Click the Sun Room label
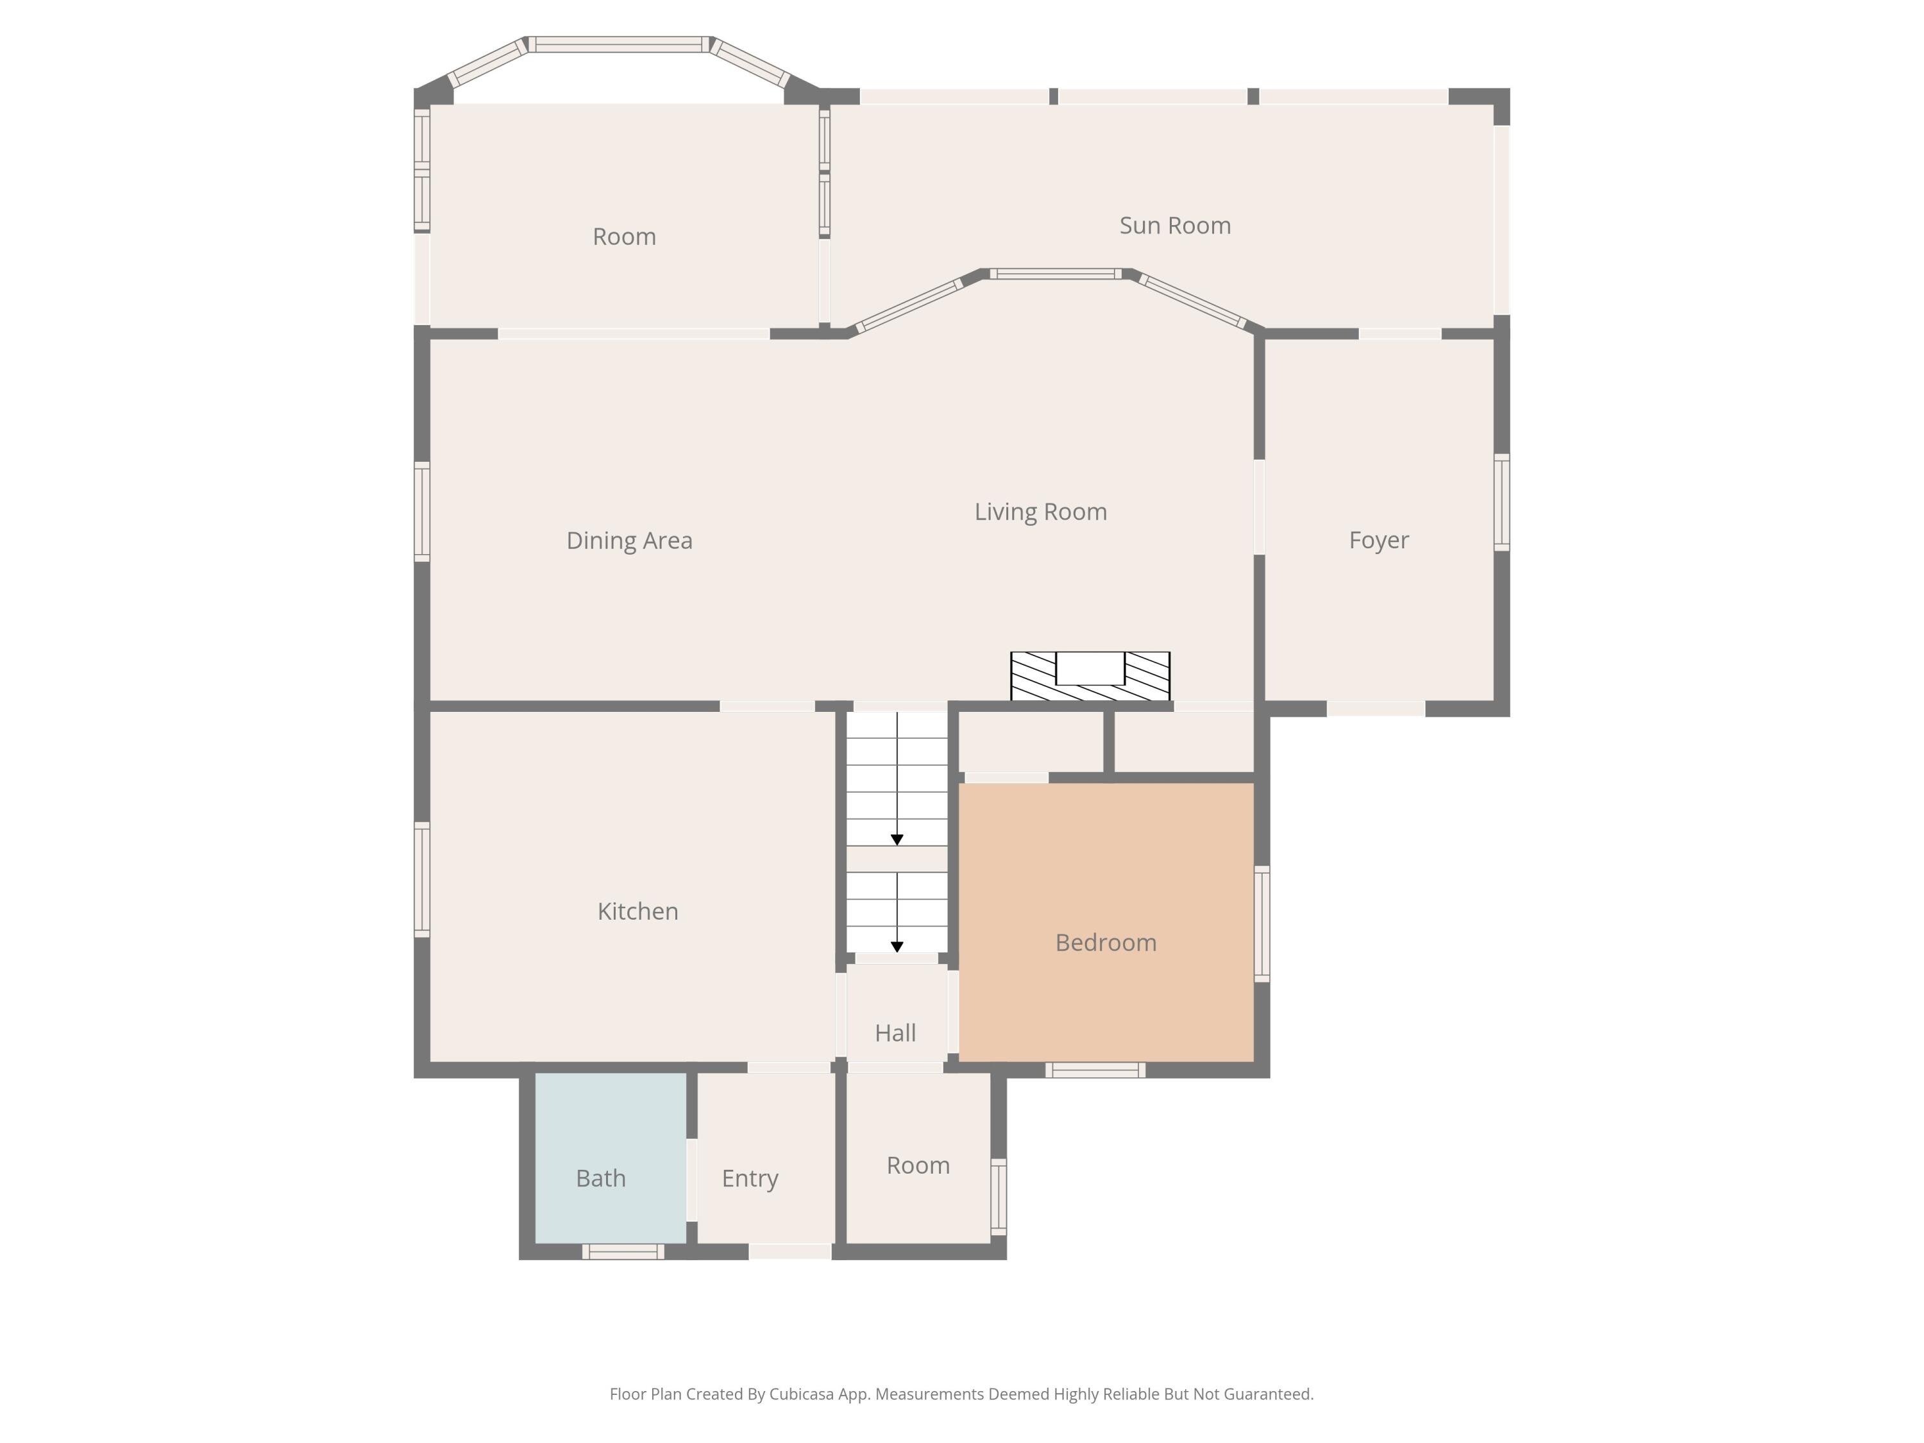[1175, 225]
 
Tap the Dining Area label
[629, 540]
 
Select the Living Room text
[1040, 511]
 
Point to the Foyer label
[1379, 540]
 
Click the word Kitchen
[637, 911]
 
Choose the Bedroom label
[1106, 943]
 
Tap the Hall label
[895, 1033]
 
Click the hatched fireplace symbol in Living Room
[1090, 676]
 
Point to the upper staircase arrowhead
[897, 840]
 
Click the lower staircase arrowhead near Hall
[897, 947]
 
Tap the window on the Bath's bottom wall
[623, 1252]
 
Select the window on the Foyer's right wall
[1502, 502]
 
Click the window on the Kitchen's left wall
[422, 879]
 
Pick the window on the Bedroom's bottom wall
[1095, 1070]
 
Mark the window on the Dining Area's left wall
[422, 511]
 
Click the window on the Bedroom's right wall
[1262, 924]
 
